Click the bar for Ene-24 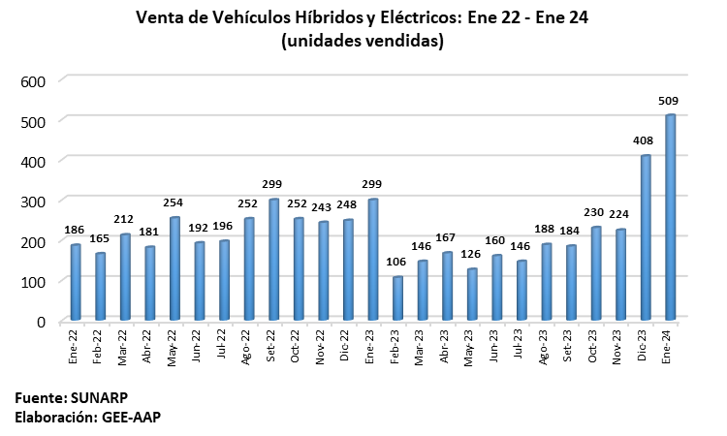click(x=670, y=217)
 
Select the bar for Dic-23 click(x=646, y=237)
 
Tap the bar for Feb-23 click(x=397, y=298)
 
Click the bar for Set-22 click(x=273, y=260)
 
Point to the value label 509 click(x=668, y=100)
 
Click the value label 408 click(x=644, y=140)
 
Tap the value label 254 click(x=173, y=202)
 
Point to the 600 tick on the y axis click(x=34, y=79)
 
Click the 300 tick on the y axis click(x=34, y=200)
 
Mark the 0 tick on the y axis click(x=41, y=321)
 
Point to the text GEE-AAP click(x=133, y=417)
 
